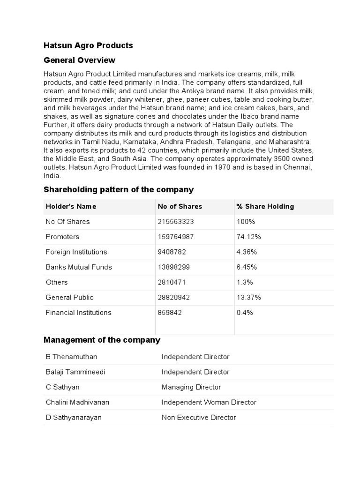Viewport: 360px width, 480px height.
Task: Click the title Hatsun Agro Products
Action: pyautogui.click(x=88, y=45)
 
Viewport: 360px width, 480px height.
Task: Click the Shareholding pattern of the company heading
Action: pyautogui.click(x=118, y=190)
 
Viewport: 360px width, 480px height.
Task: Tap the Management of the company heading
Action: pyautogui.click(x=102, y=340)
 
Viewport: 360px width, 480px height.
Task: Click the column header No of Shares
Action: pyautogui.click(x=180, y=207)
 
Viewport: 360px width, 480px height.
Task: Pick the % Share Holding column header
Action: pyautogui.click(x=265, y=207)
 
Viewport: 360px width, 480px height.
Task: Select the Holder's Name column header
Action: pyautogui.click(x=71, y=207)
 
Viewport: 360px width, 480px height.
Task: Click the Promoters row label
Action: pyautogui.click(x=62, y=237)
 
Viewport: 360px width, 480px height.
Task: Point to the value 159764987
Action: pyautogui.click(x=176, y=237)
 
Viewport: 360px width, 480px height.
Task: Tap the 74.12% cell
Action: pyautogui.click(x=249, y=237)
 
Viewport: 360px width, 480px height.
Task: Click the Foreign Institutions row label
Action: pyautogui.click(x=76, y=252)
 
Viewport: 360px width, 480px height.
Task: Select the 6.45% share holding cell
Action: pyautogui.click(x=247, y=267)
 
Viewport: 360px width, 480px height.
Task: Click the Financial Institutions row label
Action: pyautogui.click(x=78, y=313)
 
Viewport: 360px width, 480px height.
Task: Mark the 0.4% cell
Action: pyautogui.click(x=245, y=313)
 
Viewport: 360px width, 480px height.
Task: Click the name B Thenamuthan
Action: pyautogui.click(x=71, y=357)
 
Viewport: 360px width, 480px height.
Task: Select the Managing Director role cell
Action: pyautogui.click(x=191, y=387)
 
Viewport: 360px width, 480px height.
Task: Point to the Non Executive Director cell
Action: pyautogui.click(x=199, y=417)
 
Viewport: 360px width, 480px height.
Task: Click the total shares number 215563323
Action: pyautogui.click(x=176, y=222)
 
